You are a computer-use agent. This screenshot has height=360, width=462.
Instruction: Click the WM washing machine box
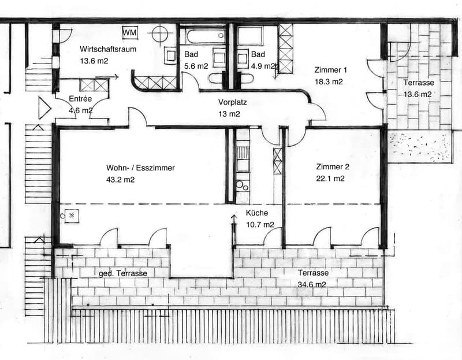pos(130,32)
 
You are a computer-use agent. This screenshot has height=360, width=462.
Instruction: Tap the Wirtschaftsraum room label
pos(108,49)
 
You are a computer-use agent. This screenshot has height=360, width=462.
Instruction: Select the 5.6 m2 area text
pos(196,66)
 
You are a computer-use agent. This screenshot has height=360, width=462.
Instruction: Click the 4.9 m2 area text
pos(263,66)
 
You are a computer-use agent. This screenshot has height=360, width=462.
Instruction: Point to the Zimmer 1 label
pos(330,70)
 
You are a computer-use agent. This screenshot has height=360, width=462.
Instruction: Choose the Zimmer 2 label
pos(333,167)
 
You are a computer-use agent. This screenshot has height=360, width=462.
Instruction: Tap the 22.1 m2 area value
pos(330,179)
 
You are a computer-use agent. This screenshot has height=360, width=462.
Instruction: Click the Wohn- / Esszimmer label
pos(140,168)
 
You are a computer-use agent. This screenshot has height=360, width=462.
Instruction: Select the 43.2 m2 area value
pos(120,180)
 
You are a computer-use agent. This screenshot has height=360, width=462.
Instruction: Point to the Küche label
pos(257,213)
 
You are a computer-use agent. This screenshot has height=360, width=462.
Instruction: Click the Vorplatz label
pos(233,102)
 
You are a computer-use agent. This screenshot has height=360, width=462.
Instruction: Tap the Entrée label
pos(80,99)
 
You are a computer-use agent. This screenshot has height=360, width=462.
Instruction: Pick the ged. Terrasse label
pos(123,274)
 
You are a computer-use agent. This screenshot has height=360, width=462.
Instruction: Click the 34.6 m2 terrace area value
pos(312,284)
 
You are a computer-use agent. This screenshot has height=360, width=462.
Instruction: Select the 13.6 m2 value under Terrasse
pos(417,94)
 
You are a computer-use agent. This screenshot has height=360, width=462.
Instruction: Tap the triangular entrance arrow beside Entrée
pos(44,108)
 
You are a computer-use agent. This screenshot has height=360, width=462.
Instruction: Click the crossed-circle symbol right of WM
pos(160,34)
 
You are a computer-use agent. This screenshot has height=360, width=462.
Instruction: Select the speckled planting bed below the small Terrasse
pos(419,147)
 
